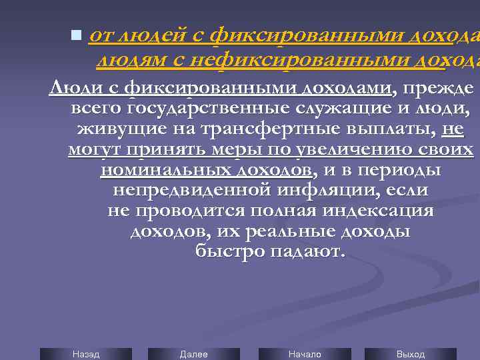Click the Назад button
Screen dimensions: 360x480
coord(85,354)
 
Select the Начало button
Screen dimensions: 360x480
coord(305,354)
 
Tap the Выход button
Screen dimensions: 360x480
coord(410,354)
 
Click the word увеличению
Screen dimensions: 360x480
coord(346,150)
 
